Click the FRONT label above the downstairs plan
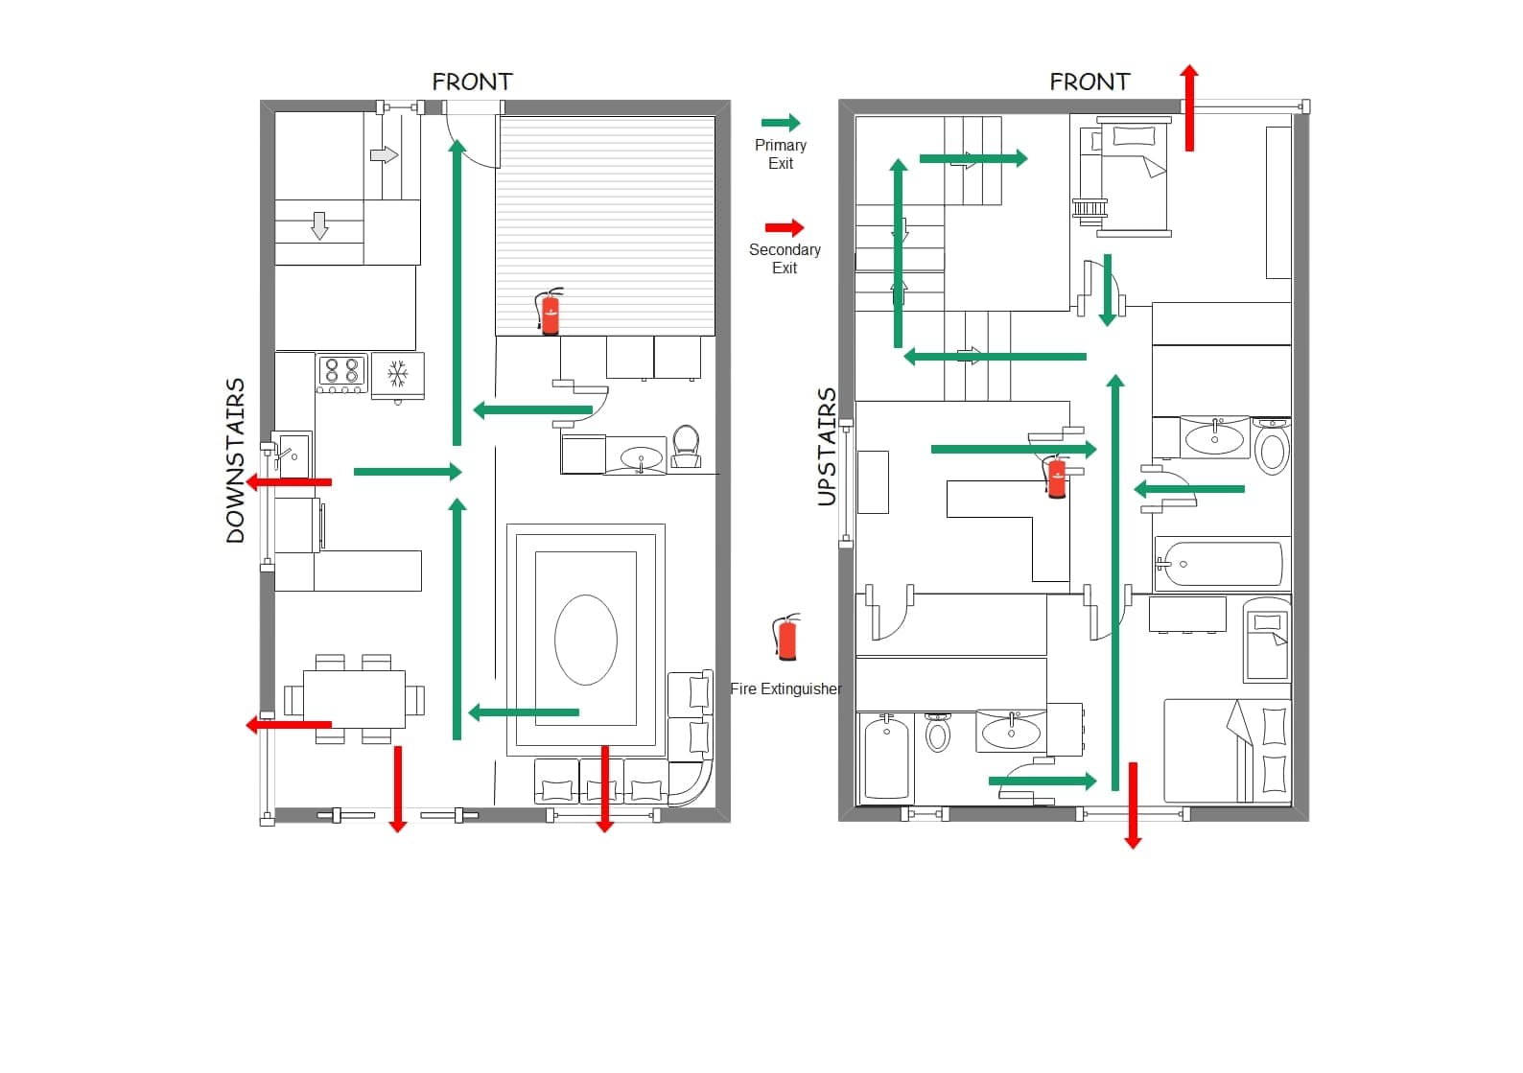click(x=473, y=82)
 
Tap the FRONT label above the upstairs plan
click(x=1090, y=82)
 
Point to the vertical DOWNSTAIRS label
click(x=235, y=461)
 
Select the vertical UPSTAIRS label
click(x=827, y=448)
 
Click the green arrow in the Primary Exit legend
click(x=781, y=123)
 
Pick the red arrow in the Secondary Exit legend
click(x=785, y=227)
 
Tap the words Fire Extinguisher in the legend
click(x=785, y=688)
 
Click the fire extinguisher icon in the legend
click(x=786, y=637)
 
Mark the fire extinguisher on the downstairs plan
click(x=550, y=312)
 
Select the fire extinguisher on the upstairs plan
click(x=1055, y=476)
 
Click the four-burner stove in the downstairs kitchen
click(x=342, y=373)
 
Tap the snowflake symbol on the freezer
click(x=398, y=373)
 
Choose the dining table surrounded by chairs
click(x=354, y=700)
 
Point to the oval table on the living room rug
click(x=585, y=640)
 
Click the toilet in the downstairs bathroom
click(x=686, y=446)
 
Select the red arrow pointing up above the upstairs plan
click(x=1189, y=107)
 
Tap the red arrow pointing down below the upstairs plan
click(x=1133, y=805)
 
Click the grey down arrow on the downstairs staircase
click(x=319, y=225)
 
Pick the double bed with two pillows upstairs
click(x=1228, y=751)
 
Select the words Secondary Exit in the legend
click(x=785, y=259)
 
